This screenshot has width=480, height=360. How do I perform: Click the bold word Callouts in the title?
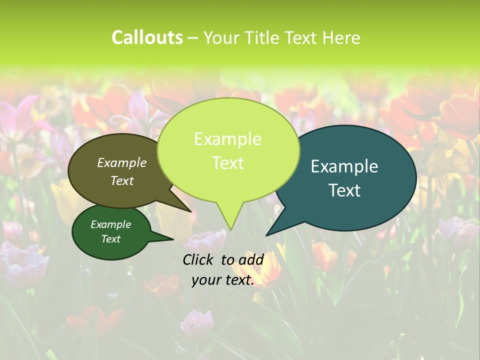tap(147, 37)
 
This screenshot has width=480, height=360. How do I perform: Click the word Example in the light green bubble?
tap(227, 139)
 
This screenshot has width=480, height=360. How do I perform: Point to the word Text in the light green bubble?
tap(227, 163)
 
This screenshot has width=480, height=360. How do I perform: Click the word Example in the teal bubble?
tap(344, 166)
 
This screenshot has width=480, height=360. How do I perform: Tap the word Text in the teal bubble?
tap(344, 190)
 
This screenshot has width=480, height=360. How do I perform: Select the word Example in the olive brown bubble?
tap(121, 162)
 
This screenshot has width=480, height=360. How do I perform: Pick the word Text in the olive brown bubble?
tap(121, 180)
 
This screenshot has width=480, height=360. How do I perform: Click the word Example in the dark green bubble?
tap(110, 224)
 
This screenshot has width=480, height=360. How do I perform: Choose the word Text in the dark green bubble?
tap(110, 239)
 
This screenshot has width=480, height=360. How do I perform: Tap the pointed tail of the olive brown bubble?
tap(187, 209)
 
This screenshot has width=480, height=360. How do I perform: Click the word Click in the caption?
tap(198, 259)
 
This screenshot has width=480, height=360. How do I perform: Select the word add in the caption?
tap(251, 259)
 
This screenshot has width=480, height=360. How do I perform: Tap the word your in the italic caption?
tap(206, 280)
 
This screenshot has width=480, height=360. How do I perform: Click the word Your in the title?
tap(223, 37)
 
